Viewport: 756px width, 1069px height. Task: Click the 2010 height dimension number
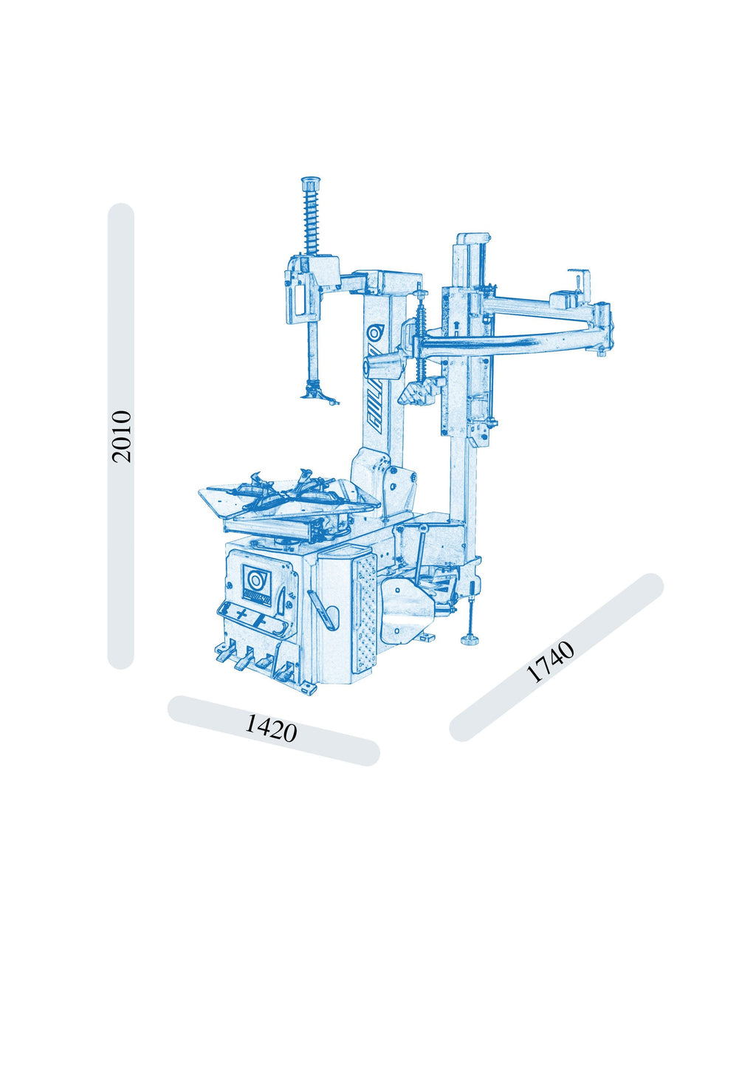pos(121,436)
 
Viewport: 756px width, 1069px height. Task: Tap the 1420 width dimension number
pos(271,729)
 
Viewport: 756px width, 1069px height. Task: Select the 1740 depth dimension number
pos(550,662)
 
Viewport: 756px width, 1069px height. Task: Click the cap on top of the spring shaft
pos(311,183)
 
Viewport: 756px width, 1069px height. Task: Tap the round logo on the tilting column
pos(374,333)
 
